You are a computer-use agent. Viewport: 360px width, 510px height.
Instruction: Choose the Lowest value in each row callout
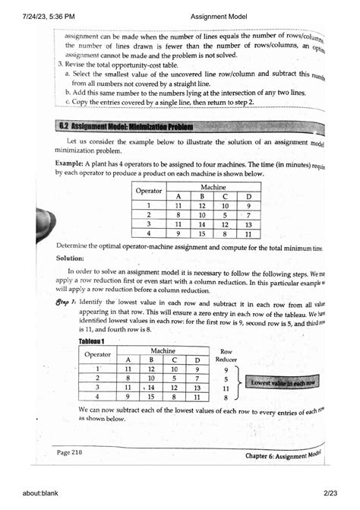point(285,382)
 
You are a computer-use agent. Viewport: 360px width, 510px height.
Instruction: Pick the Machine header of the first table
point(212,185)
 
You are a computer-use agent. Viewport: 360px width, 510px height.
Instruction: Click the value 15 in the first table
point(205,234)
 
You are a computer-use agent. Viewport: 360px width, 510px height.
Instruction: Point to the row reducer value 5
point(226,378)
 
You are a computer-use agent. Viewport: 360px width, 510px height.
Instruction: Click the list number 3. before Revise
point(60,65)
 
